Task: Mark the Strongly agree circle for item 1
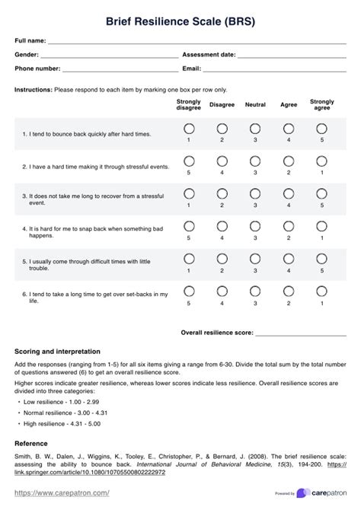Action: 322,128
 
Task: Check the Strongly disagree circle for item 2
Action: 189,161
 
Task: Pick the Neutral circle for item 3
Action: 255,193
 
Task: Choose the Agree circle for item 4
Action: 289,226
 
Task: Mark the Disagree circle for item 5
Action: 222,259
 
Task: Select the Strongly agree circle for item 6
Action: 322,292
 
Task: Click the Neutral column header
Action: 255,105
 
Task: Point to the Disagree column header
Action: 222,105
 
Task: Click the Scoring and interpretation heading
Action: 57,352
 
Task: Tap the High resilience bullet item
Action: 62,423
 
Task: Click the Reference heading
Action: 32,443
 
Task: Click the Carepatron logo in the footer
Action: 324,493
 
